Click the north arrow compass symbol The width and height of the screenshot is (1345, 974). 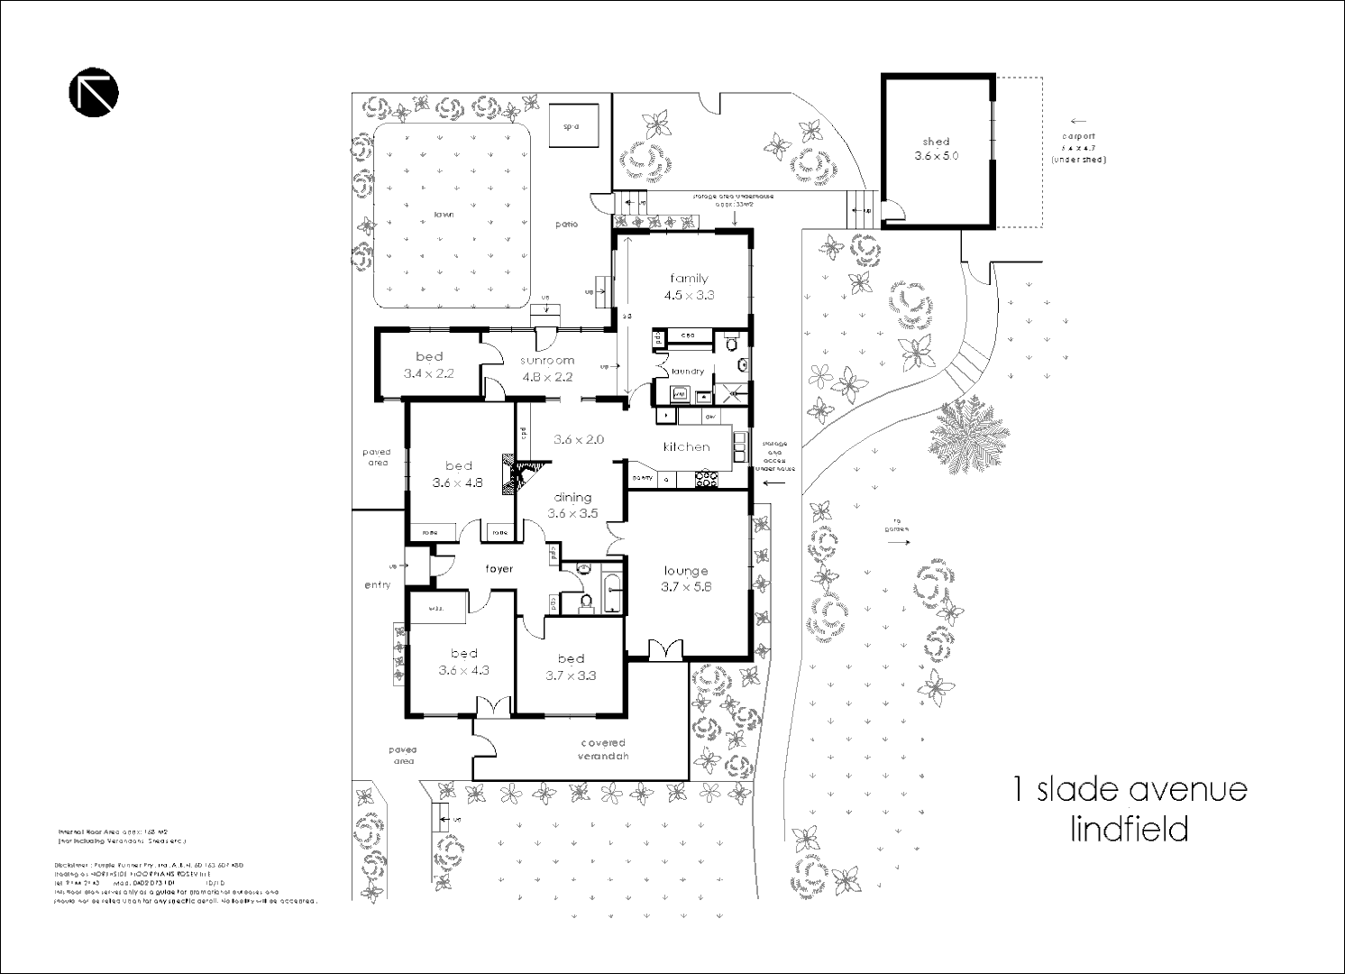[94, 92]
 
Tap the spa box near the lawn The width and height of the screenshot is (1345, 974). [570, 126]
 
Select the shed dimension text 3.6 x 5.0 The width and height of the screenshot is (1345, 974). [937, 156]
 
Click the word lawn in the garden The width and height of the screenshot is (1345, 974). [444, 215]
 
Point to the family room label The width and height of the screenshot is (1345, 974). [689, 279]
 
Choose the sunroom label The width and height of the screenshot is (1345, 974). [546, 361]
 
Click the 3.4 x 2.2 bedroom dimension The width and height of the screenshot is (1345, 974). [429, 373]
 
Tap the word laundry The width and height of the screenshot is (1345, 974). [688, 372]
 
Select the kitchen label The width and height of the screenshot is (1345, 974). [686, 447]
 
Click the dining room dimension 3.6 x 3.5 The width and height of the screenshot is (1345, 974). [572, 513]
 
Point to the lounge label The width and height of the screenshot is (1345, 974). [686, 571]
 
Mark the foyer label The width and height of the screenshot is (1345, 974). [499, 569]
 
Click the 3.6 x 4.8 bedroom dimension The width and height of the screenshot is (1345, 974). [458, 482]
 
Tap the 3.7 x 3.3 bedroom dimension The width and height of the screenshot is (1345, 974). [571, 675]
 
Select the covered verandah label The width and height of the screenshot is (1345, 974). [603, 749]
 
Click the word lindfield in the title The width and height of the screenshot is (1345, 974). [1129, 829]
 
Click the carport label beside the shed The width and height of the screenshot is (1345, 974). [1078, 136]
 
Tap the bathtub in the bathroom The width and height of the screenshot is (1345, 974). [612, 591]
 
